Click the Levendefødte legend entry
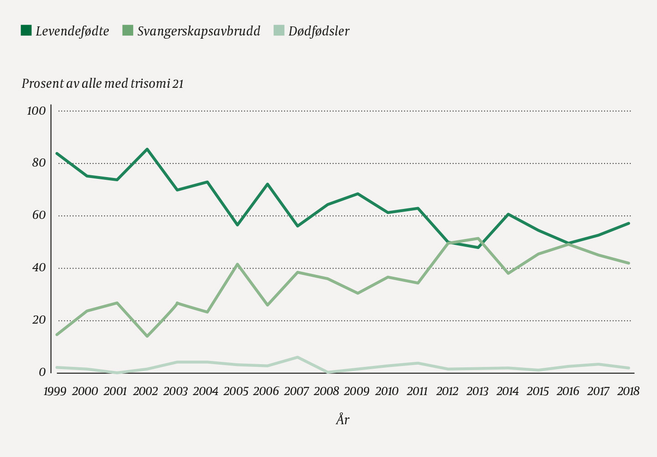(65, 31)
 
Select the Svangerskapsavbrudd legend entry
(191, 31)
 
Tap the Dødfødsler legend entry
(312, 31)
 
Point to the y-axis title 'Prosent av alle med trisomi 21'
(103, 84)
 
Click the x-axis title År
(342, 419)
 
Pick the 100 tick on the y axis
(36, 111)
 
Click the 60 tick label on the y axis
(39, 215)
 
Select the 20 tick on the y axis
(39, 320)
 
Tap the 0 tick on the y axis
(42, 372)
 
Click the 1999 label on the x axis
(55, 391)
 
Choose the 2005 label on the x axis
(236, 391)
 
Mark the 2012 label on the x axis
(447, 391)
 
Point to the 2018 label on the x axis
(628, 391)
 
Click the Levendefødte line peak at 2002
(147, 149)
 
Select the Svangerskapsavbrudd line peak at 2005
(238, 264)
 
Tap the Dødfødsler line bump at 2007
(298, 357)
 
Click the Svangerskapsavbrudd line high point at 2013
(478, 238)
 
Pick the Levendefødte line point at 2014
(508, 214)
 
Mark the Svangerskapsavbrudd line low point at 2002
(147, 336)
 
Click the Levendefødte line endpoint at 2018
(629, 223)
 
